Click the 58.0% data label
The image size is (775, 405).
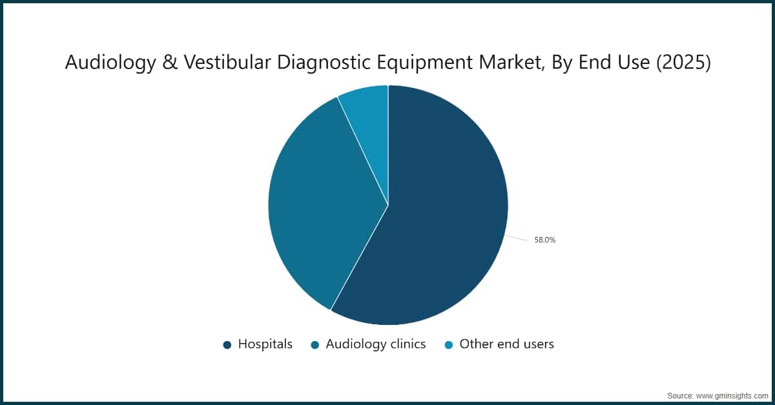click(x=545, y=240)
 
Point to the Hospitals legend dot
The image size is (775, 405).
click(x=227, y=345)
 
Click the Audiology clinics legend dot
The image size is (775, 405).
click(x=315, y=345)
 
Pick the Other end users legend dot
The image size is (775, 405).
click(x=448, y=345)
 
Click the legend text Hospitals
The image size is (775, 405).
click(x=265, y=344)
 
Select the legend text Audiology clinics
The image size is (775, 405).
click(x=375, y=344)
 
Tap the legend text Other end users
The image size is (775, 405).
click(x=506, y=344)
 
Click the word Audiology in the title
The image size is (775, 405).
click(x=105, y=63)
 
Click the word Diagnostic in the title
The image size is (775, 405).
click(x=316, y=63)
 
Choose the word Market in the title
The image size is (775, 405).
click(x=500, y=63)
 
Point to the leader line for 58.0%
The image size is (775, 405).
click(x=517, y=238)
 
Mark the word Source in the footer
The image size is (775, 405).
click(x=680, y=395)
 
